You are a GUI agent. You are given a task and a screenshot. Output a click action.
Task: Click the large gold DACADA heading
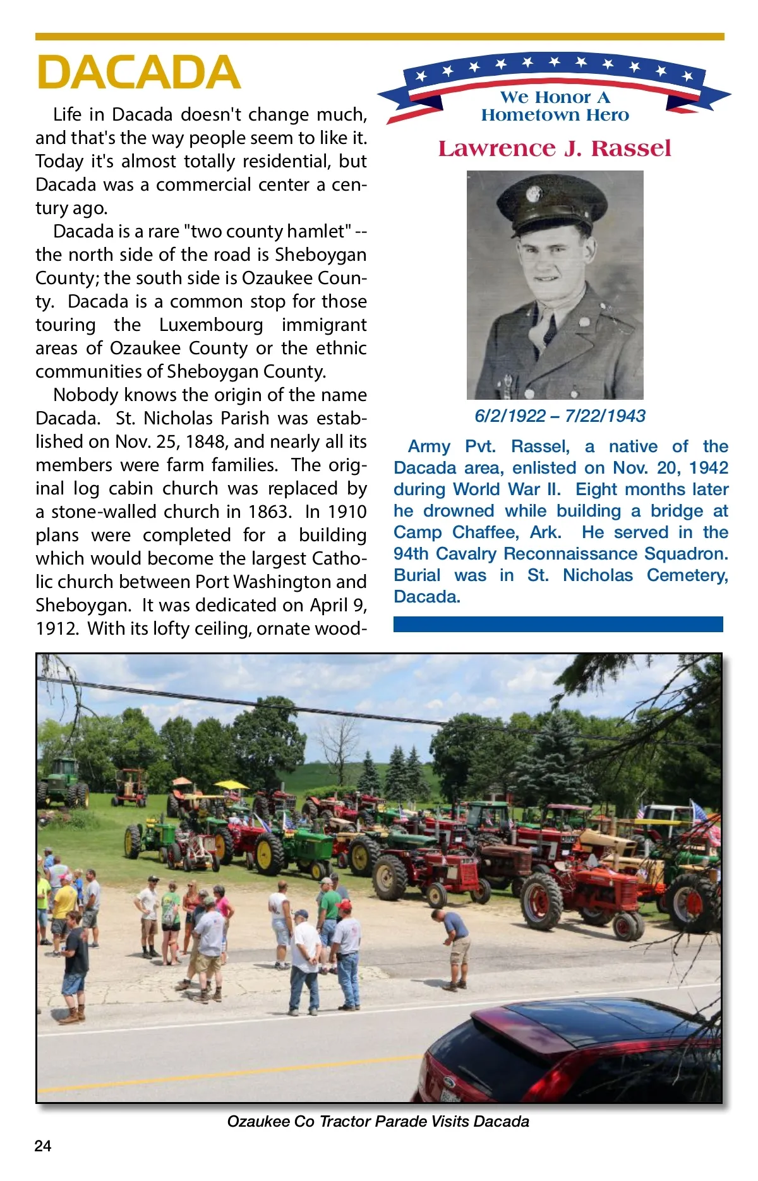pyautogui.click(x=138, y=72)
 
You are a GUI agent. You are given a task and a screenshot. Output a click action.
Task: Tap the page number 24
pyautogui.click(x=43, y=1146)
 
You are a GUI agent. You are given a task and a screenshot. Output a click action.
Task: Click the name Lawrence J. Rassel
pyautogui.click(x=554, y=148)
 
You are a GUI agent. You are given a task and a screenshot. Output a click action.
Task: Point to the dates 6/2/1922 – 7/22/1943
pyautogui.click(x=560, y=416)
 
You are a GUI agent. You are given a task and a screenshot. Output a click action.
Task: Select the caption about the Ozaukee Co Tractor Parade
pyautogui.click(x=378, y=1121)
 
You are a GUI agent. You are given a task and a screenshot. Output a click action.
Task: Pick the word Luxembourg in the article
pyautogui.click(x=211, y=325)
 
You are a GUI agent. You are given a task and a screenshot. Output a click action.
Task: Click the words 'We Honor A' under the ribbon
pyautogui.click(x=555, y=97)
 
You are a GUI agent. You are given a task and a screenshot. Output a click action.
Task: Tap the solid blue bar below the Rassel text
pyautogui.click(x=558, y=624)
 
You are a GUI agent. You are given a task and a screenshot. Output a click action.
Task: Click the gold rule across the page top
pyautogui.click(x=379, y=37)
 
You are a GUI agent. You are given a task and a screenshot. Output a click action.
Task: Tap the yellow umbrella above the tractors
pyautogui.click(x=231, y=785)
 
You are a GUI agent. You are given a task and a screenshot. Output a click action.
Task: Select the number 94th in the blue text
pyautogui.click(x=412, y=554)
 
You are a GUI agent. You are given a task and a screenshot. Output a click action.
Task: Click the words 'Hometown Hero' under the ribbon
pyautogui.click(x=555, y=115)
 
